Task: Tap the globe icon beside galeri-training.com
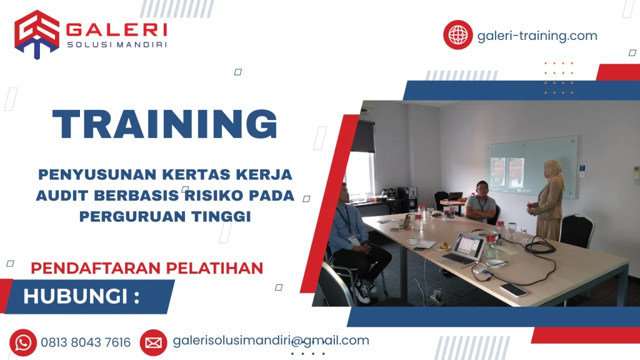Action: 457,35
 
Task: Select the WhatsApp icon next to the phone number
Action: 23,342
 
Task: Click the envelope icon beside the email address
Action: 153,342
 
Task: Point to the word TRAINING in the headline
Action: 164,124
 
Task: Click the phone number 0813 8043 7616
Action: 86,342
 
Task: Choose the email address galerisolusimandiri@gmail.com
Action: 271,341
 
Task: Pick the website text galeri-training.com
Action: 537,36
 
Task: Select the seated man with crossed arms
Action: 481,203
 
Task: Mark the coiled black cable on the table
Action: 539,248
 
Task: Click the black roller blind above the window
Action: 363,136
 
